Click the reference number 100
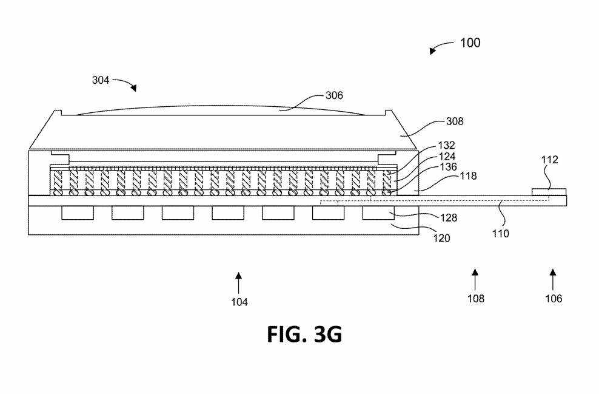(470, 42)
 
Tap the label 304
(101, 80)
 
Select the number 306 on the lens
(334, 95)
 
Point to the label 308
(454, 121)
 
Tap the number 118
(469, 176)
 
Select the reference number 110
(500, 232)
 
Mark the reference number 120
(441, 238)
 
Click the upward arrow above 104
(239, 282)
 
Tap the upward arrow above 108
(475, 279)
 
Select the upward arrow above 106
(552, 279)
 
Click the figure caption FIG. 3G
(304, 333)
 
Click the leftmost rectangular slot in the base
(77, 212)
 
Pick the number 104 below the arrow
(239, 302)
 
